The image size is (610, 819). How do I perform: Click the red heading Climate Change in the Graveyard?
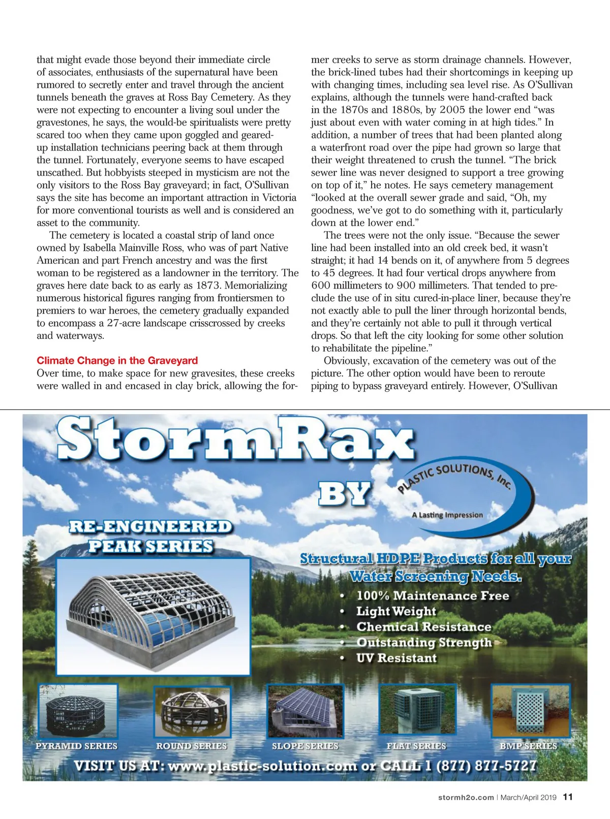(x=117, y=361)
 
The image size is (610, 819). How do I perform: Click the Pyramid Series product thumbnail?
(x=78, y=711)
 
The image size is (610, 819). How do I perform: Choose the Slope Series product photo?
(x=305, y=711)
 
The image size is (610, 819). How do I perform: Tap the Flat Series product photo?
(x=416, y=711)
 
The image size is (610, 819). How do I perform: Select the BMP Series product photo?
(x=530, y=711)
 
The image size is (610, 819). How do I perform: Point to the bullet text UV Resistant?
(x=396, y=658)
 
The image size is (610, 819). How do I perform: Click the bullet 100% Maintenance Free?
(x=432, y=596)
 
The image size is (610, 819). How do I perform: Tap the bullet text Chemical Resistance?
(x=423, y=627)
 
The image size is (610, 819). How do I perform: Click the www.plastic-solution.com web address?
(x=262, y=766)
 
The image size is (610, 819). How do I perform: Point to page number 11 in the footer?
(x=568, y=797)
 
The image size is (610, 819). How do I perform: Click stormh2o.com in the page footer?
(x=466, y=798)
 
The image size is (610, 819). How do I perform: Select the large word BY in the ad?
(x=344, y=493)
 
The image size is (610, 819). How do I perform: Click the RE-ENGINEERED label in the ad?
(x=150, y=527)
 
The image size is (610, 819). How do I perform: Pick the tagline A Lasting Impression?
(x=447, y=515)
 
